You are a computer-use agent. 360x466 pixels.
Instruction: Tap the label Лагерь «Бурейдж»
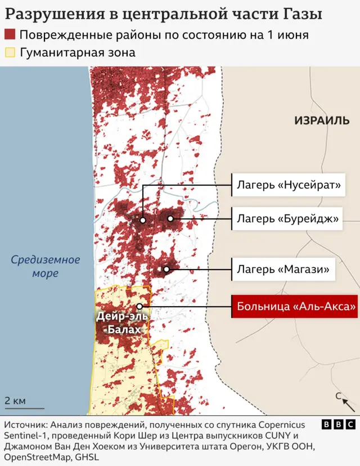(287, 218)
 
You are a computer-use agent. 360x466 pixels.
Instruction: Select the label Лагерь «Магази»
(283, 269)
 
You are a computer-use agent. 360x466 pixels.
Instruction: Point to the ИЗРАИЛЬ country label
(322, 120)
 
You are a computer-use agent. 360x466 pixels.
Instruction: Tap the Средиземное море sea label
(46, 267)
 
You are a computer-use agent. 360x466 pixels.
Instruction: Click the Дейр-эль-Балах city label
(121, 323)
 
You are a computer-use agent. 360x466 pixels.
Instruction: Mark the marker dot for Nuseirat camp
(143, 221)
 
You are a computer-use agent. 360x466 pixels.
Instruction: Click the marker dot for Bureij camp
(170, 218)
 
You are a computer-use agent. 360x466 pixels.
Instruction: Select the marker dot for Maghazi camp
(166, 270)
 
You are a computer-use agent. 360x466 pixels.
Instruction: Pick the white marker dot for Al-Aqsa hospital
(139, 307)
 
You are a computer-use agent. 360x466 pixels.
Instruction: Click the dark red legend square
(10, 35)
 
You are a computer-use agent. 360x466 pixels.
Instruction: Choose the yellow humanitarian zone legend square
(10, 53)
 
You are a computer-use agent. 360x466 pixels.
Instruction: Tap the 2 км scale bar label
(15, 401)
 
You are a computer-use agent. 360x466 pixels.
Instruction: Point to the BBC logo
(338, 425)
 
